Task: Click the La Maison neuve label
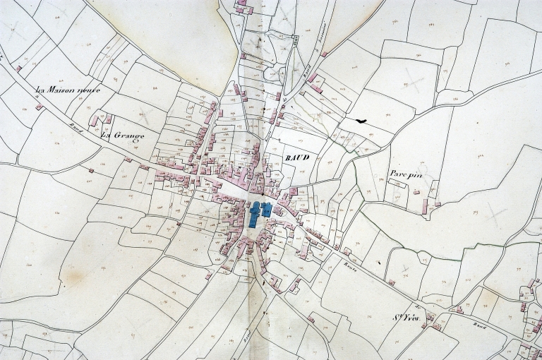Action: coord(68,90)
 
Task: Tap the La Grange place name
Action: coord(123,135)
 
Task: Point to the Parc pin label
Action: coord(406,174)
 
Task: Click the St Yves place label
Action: coord(406,318)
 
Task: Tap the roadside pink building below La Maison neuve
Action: coord(39,107)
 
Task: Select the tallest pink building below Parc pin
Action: coord(426,206)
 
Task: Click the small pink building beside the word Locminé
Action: coord(325,53)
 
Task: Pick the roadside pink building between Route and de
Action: coord(390,282)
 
